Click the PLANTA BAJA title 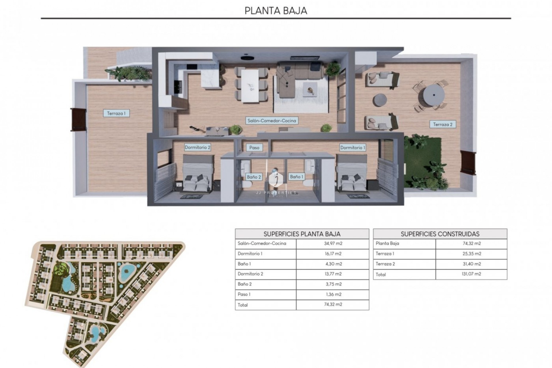pyautogui.click(x=276, y=11)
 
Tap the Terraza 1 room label pyautogui.click(x=116, y=113)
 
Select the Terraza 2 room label pyautogui.click(x=443, y=124)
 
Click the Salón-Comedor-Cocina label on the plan pyautogui.click(x=272, y=121)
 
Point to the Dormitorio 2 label pyautogui.click(x=198, y=147)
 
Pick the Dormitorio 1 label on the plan pyautogui.click(x=353, y=147)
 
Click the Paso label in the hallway pyautogui.click(x=254, y=147)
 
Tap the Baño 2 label pyautogui.click(x=254, y=177)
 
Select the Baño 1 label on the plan pyautogui.click(x=296, y=177)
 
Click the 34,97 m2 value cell pyautogui.click(x=333, y=244)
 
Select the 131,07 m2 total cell pyautogui.click(x=471, y=274)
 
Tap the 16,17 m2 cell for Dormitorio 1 pyautogui.click(x=333, y=254)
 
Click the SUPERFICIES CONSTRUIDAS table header pyautogui.click(x=440, y=234)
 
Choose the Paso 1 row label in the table pyautogui.click(x=244, y=294)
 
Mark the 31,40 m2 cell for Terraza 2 pyautogui.click(x=471, y=264)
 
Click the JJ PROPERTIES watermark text pyautogui.click(x=276, y=193)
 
